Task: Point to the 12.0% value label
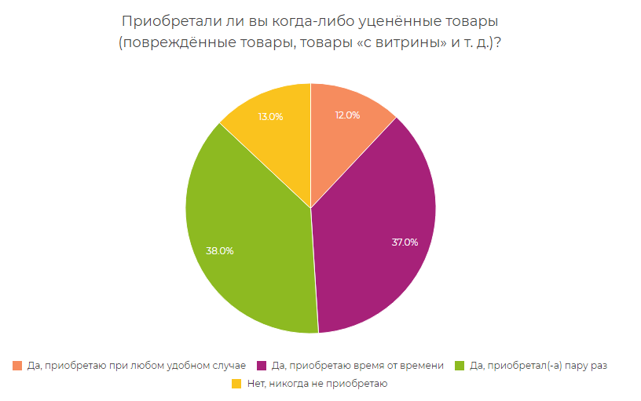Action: click(347, 115)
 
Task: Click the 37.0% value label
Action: click(405, 242)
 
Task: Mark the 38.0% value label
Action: click(219, 251)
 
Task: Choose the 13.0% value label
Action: click(270, 117)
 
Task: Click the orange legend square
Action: click(18, 365)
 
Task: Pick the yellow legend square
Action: click(236, 384)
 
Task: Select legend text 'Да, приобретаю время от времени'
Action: click(357, 366)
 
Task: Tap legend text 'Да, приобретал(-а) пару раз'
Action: click(537, 366)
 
